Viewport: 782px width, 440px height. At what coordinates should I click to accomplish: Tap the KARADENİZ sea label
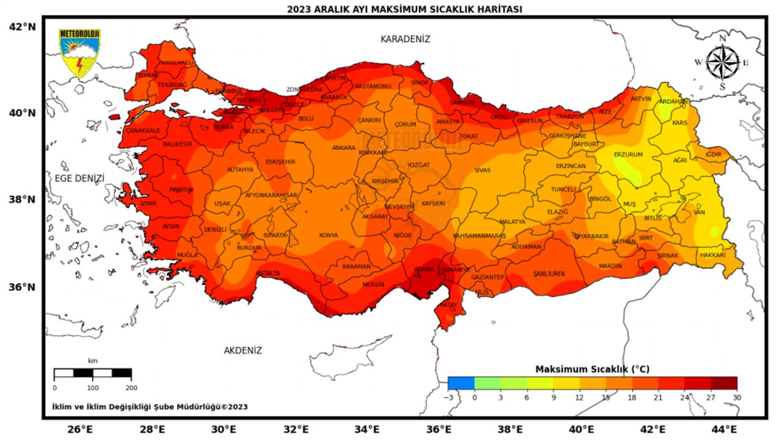click(405, 39)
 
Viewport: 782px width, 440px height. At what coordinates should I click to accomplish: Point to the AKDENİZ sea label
click(243, 350)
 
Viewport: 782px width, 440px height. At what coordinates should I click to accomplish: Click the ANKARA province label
click(343, 148)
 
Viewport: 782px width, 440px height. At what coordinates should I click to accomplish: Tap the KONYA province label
click(328, 235)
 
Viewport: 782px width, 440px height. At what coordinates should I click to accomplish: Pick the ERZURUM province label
click(628, 155)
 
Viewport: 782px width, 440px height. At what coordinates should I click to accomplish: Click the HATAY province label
click(448, 304)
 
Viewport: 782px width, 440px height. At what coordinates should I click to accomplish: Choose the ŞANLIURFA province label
click(549, 273)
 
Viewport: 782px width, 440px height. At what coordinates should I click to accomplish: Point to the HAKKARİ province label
click(712, 255)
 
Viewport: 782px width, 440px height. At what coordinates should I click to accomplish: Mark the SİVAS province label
click(483, 170)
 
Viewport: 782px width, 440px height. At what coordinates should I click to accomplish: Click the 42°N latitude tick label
click(23, 27)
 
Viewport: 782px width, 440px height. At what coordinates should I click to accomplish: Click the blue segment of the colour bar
click(461, 383)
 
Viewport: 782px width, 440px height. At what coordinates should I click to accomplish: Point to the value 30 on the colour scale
click(737, 397)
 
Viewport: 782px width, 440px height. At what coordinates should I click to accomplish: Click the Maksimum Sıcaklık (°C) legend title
click(591, 369)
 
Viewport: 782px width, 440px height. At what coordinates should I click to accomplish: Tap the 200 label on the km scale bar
click(131, 387)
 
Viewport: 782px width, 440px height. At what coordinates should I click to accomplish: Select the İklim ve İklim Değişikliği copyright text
click(150, 406)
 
